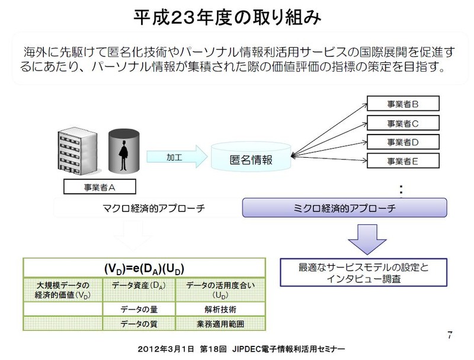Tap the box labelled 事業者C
click(x=402, y=123)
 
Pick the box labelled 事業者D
click(x=402, y=142)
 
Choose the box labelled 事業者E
click(x=402, y=160)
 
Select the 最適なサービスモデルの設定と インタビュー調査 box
click(x=363, y=273)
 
